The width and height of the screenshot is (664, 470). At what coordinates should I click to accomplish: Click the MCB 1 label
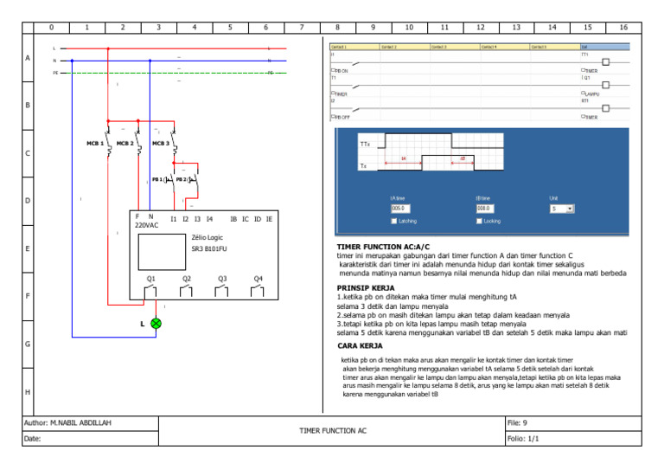point(95,143)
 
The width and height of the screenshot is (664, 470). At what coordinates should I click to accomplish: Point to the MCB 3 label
point(160,143)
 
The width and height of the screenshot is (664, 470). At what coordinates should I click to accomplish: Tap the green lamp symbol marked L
point(156,323)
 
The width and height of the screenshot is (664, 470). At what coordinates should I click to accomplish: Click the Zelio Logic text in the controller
point(208,235)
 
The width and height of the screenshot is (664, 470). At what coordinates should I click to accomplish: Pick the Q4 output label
point(258,279)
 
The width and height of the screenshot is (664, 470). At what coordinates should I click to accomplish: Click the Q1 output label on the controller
point(150,279)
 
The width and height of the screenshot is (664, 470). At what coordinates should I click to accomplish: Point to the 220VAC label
point(146,225)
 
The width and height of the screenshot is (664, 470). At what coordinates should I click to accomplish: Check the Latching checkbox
point(393,221)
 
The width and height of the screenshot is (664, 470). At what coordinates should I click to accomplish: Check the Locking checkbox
point(479,221)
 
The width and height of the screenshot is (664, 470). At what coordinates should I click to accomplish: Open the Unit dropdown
point(562,209)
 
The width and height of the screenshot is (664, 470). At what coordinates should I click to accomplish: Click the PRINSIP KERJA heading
point(365,287)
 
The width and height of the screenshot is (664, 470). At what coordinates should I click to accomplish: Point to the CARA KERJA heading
point(360,345)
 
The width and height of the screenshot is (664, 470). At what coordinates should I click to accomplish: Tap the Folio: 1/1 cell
point(522,439)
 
